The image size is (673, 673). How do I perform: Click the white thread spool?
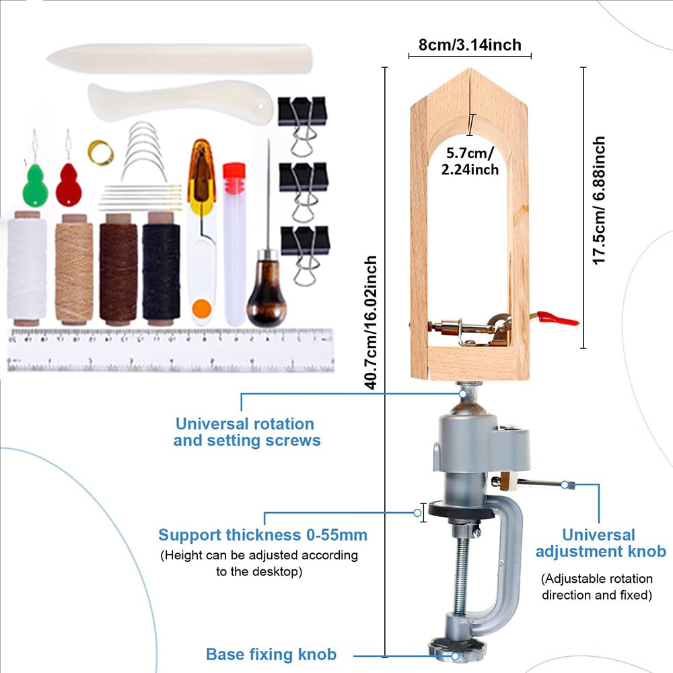(x=27, y=269)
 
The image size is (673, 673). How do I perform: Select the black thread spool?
(x=162, y=269)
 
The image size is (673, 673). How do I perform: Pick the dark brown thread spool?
(x=118, y=269)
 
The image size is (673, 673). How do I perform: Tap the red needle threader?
(x=69, y=184)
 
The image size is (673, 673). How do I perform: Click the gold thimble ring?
(x=101, y=152)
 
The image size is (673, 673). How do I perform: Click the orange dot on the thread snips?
(x=202, y=308)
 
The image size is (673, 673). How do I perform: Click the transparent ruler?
(x=171, y=350)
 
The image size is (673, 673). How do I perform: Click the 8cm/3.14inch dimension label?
(x=470, y=44)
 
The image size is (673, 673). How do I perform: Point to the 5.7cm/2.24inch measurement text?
(x=470, y=161)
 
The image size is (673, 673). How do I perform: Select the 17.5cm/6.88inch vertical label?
(x=599, y=201)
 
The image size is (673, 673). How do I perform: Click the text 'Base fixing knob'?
(x=271, y=654)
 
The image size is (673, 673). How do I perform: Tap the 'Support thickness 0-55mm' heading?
(x=262, y=535)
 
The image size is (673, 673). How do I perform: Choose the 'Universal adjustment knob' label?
(x=600, y=543)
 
